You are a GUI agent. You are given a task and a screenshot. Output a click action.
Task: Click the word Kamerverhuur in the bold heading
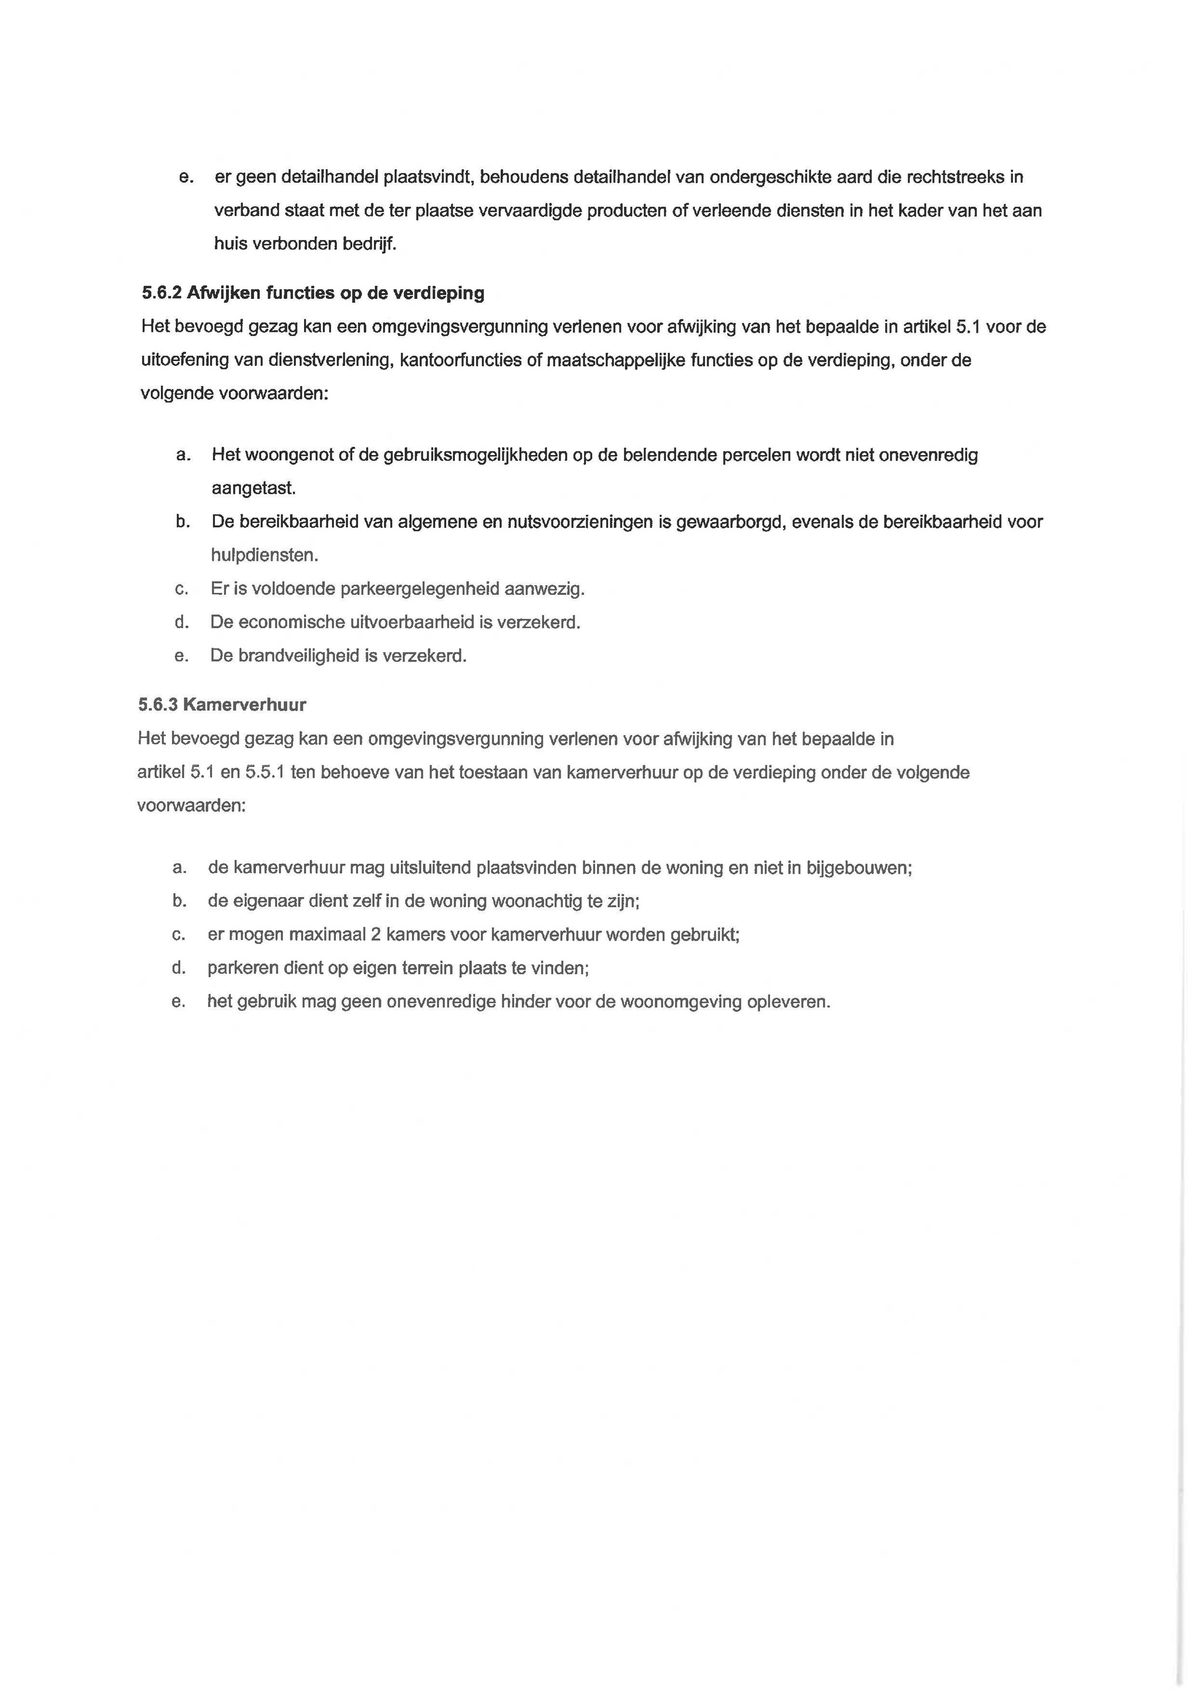244,705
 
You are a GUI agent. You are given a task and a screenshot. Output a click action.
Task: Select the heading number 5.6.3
157,705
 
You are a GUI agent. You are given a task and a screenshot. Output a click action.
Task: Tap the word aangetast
254,489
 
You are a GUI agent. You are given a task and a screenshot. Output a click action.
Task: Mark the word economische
287,622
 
